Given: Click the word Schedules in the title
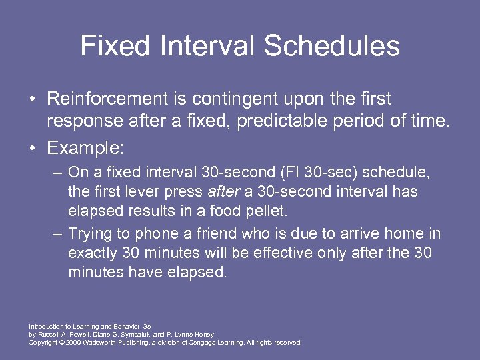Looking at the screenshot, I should pos(332,46).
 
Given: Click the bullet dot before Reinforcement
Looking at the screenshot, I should pos(32,99).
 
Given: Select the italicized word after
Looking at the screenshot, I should pos(222,192).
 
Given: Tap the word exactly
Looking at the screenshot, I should pos(92,253).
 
